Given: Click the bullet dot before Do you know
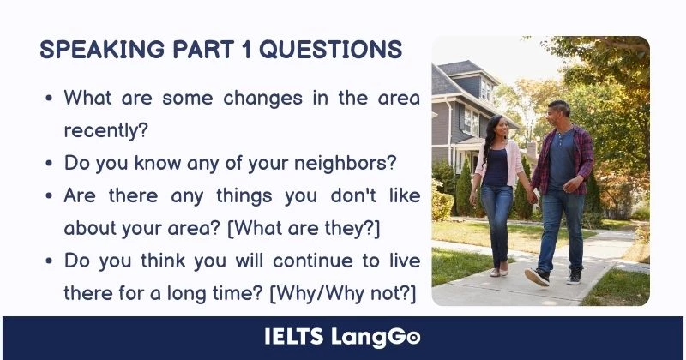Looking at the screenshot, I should point(49,163).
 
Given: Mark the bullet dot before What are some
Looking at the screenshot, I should point(49,99).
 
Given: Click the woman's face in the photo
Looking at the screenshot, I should point(497,130).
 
